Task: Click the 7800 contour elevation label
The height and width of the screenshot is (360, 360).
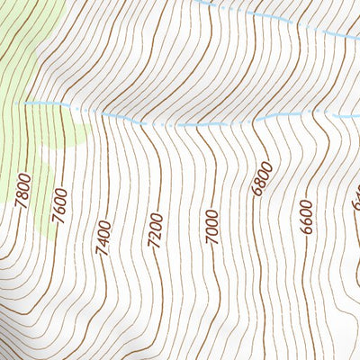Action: pos(23,191)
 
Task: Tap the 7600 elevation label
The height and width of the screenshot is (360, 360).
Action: pos(60,205)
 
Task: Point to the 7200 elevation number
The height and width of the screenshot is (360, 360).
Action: pos(156,229)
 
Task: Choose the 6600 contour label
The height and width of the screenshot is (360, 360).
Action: pos(306,217)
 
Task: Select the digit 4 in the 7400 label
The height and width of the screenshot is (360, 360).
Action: pos(104,238)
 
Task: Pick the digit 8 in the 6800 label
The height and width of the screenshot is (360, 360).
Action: pos(260,184)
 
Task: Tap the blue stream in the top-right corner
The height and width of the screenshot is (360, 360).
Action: pos(297,22)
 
